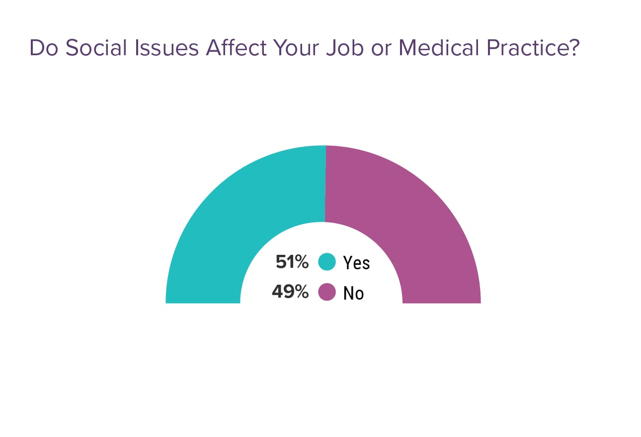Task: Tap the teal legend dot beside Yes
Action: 327,262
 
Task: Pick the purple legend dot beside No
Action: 327,292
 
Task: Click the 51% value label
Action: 292,262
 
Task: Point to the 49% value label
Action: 290,292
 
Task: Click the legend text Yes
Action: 356,262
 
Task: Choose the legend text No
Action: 353,293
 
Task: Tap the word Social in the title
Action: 91,48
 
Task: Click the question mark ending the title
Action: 573,48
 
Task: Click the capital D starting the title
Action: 36,48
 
